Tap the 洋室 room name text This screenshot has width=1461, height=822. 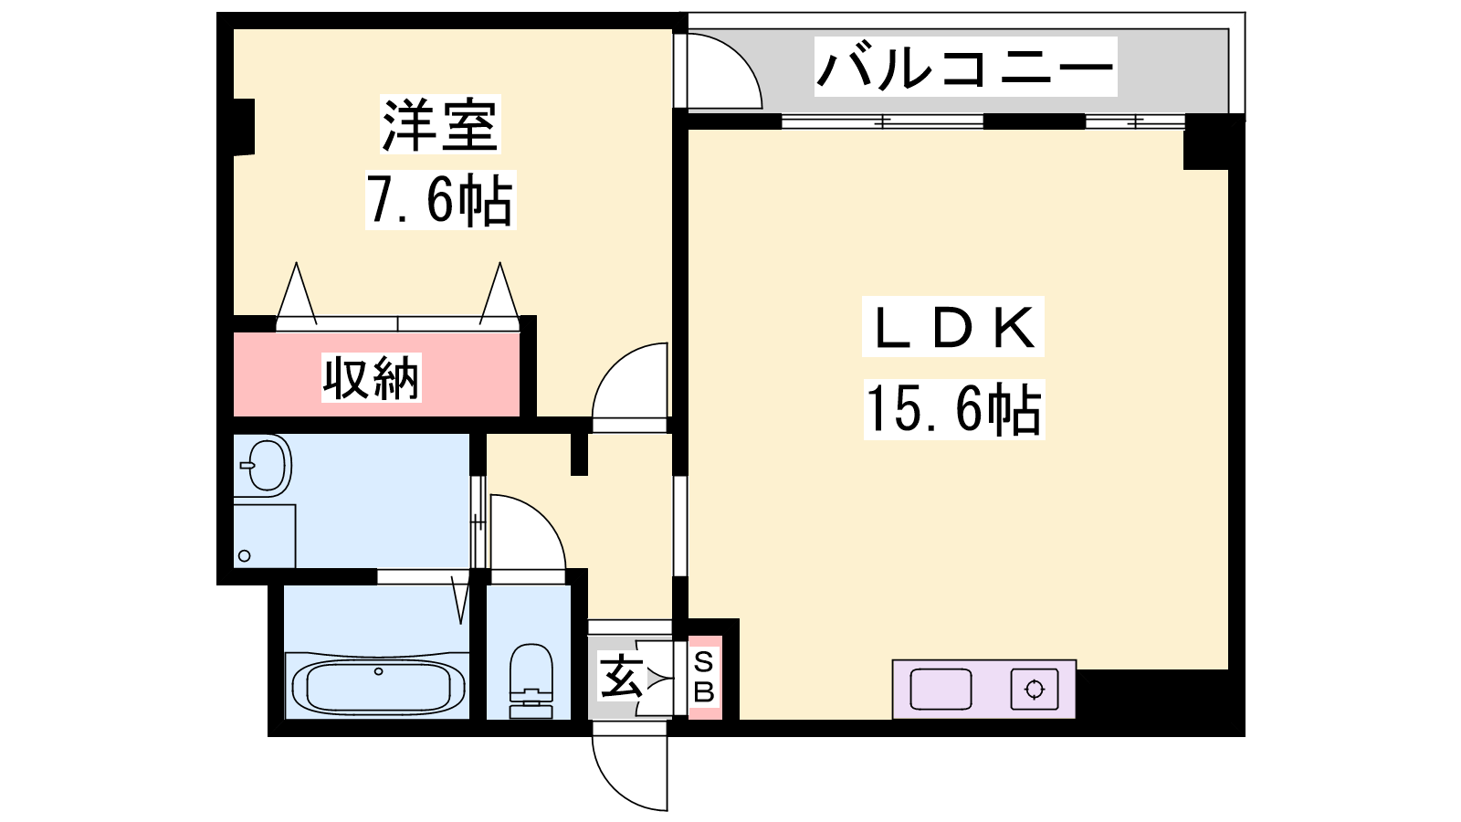[x=440, y=124]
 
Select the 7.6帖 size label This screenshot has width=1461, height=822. [x=440, y=200]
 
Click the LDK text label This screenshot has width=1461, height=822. [x=953, y=327]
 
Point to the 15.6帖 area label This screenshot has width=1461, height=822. [x=954, y=409]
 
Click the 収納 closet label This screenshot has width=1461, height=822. [x=371, y=378]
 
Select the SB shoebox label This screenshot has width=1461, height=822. [x=704, y=677]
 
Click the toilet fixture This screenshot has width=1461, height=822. [x=531, y=680]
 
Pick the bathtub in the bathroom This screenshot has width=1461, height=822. [x=378, y=687]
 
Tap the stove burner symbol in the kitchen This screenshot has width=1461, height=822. [x=1035, y=689]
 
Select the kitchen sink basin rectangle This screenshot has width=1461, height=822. [x=941, y=689]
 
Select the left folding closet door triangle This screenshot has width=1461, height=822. [x=297, y=293]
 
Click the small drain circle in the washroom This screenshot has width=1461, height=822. [x=245, y=556]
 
